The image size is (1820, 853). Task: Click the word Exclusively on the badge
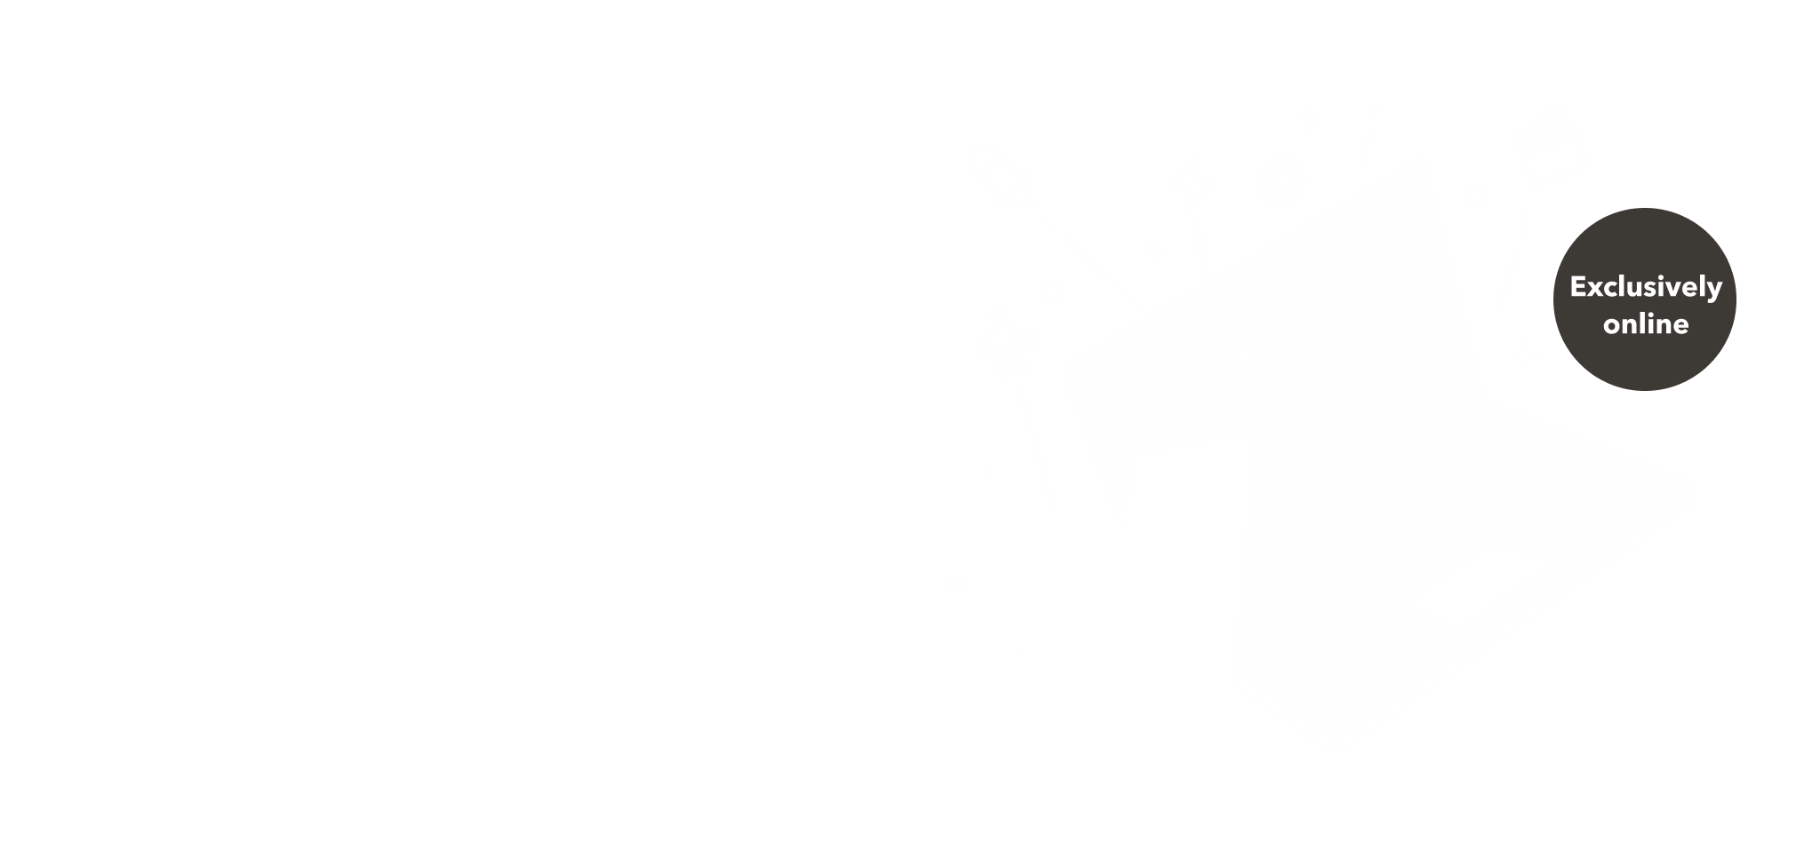coord(1646,288)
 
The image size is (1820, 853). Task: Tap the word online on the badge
coord(1646,323)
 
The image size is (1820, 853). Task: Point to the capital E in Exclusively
coord(1578,287)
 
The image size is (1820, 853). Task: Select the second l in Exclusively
coord(1702,286)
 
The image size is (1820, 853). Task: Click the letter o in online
coord(1612,327)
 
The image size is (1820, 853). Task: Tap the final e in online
coord(1681,327)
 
